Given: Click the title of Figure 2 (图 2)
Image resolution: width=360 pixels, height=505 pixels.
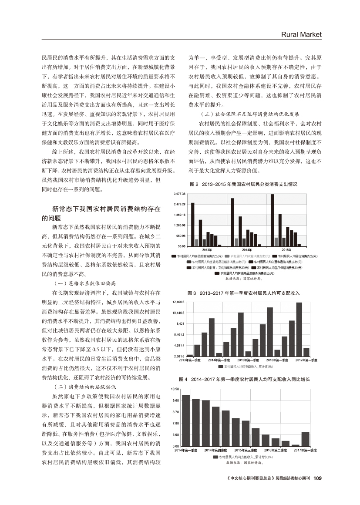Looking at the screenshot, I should click(243, 185).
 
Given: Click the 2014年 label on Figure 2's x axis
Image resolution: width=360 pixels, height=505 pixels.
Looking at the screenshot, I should click(246, 249).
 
